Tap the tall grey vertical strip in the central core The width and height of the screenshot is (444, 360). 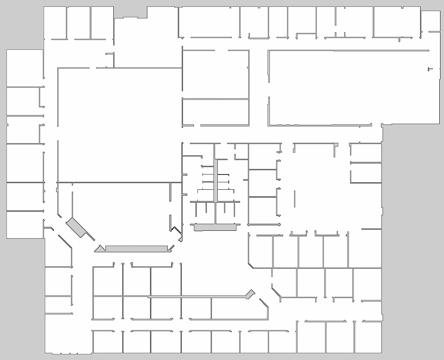coord(215,180)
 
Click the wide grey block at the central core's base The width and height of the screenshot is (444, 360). coord(215,227)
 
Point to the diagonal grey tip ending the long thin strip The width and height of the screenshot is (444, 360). coord(250,293)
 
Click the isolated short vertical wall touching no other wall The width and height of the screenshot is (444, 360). coord(295,199)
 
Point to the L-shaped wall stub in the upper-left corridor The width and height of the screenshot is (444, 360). coord(111,59)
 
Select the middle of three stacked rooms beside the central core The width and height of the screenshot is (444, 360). coord(262,183)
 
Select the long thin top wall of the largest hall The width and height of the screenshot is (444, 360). coord(348,50)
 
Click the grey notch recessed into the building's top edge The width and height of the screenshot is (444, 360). coord(131,12)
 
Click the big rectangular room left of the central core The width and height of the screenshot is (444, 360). coord(119,125)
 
